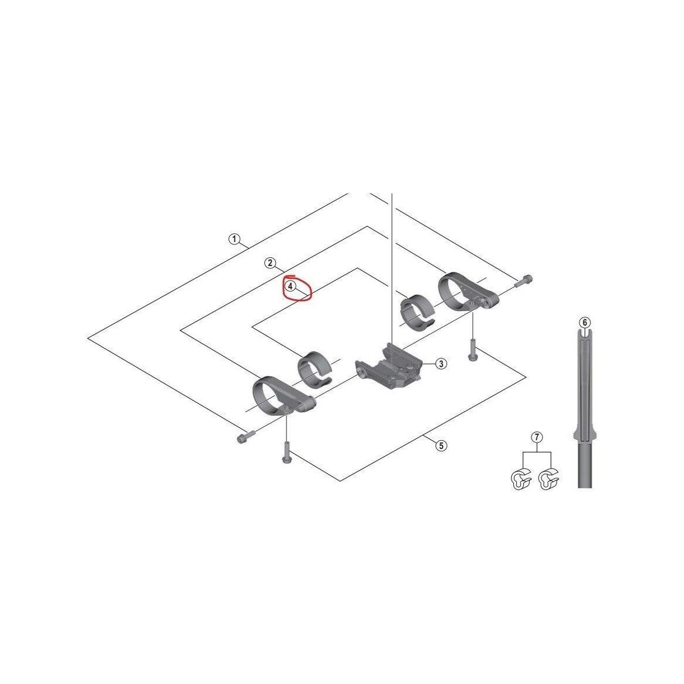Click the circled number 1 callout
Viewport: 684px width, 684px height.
point(234,239)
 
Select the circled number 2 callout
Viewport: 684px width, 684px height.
point(270,262)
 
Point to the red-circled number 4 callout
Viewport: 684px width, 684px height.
point(291,286)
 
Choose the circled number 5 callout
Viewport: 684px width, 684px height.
point(441,445)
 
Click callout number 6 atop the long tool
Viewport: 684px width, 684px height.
point(585,322)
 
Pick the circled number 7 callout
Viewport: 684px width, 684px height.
point(537,437)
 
